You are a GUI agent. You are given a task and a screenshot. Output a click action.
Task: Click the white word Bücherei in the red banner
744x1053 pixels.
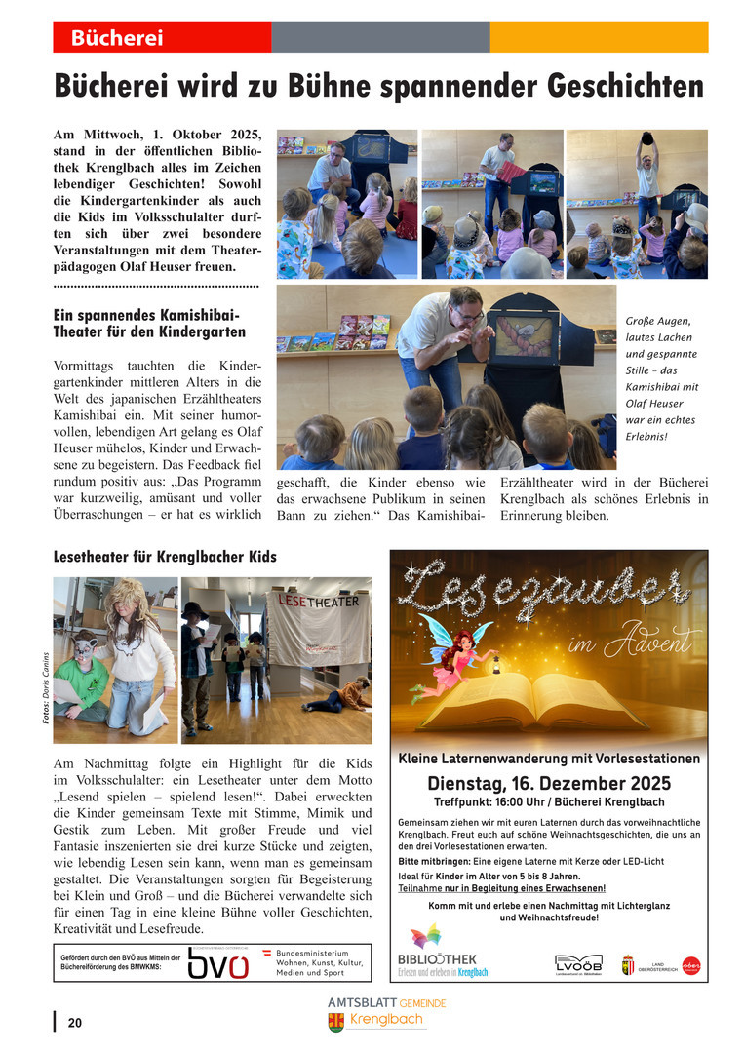(116, 39)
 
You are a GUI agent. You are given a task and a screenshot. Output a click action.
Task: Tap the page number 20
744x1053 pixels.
(75, 1023)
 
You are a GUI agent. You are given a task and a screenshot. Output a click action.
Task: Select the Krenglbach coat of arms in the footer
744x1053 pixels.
(336, 1022)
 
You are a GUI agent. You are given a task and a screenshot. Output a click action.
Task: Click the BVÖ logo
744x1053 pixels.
(217, 964)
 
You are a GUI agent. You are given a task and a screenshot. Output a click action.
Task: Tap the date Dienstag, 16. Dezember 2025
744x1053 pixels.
(549, 783)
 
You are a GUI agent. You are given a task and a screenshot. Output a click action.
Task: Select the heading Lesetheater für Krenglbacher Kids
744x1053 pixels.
(165, 557)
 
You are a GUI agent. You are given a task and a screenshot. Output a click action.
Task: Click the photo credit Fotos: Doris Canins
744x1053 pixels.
(46, 688)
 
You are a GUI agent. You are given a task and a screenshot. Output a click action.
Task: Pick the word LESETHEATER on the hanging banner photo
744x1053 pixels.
(320, 602)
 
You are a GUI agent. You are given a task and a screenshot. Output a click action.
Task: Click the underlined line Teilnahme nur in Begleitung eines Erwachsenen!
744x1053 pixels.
(501, 888)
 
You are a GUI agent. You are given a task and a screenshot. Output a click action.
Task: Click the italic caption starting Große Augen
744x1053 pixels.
(659, 378)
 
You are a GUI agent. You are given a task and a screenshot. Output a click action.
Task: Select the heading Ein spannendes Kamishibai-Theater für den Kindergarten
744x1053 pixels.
(149, 324)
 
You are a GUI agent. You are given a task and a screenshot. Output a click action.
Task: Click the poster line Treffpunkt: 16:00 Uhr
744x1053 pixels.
(549, 802)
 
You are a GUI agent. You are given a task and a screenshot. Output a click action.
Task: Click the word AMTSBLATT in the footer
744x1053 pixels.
(362, 1002)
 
